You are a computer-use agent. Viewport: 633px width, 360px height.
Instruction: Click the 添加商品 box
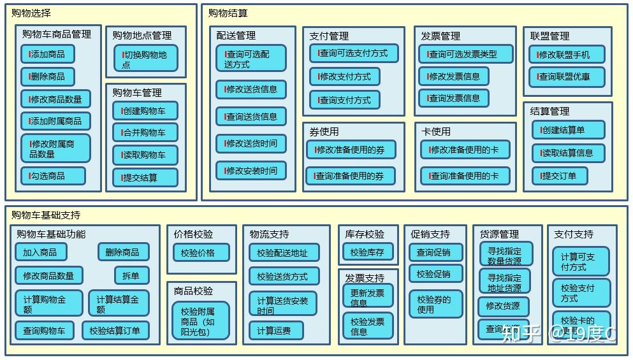click(x=47, y=54)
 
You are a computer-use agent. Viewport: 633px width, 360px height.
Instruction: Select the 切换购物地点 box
click(x=145, y=59)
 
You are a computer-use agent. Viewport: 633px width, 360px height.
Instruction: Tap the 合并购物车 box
click(x=145, y=133)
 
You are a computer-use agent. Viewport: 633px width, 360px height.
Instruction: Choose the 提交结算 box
click(x=145, y=178)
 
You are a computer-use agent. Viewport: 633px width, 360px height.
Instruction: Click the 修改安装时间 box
click(x=251, y=171)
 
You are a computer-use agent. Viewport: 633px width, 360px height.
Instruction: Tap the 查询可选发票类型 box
click(x=465, y=54)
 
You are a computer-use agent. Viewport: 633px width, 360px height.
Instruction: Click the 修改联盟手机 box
click(x=567, y=55)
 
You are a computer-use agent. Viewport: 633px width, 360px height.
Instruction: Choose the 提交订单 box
click(x=560, y=176)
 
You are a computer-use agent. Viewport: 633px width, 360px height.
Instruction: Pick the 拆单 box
click(x=131, y=275)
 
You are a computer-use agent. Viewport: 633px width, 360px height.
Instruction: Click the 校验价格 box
click(x=198, y=253)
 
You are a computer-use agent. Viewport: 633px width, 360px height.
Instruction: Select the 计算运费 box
click(x=275, y=331)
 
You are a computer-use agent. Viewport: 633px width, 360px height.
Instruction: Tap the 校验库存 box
click(x=367, y=252)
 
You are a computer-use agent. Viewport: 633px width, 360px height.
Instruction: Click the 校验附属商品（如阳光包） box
click(x=198, y=322)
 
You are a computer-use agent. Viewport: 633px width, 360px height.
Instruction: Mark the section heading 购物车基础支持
click(x=46, y=215)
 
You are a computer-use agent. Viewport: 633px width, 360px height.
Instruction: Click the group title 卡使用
click(x=436, y=131)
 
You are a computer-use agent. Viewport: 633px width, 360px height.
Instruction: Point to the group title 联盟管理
click(x=549, y=36)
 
